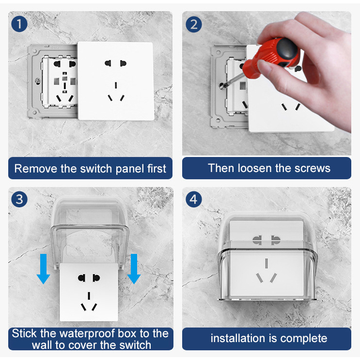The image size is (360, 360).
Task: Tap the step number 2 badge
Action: [194, 24]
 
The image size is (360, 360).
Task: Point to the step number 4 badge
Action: [194, 199]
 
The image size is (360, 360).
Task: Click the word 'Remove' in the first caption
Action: [33, 169]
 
